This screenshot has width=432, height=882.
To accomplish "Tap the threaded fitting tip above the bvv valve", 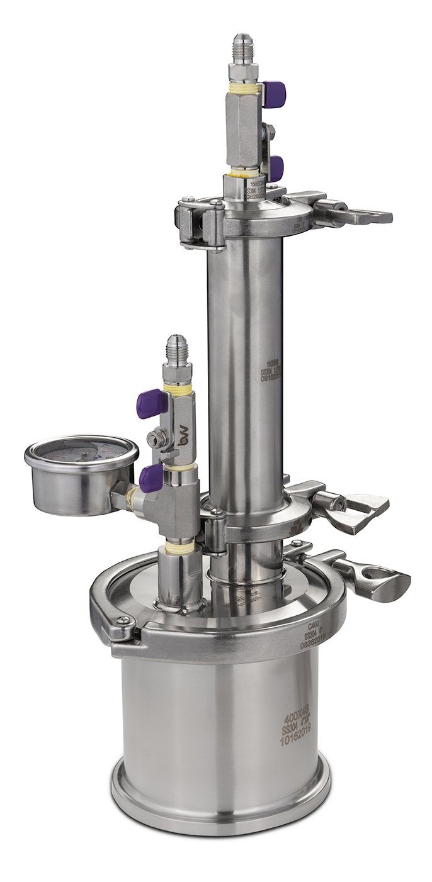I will pyautogui.click(x=176, y=347).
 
